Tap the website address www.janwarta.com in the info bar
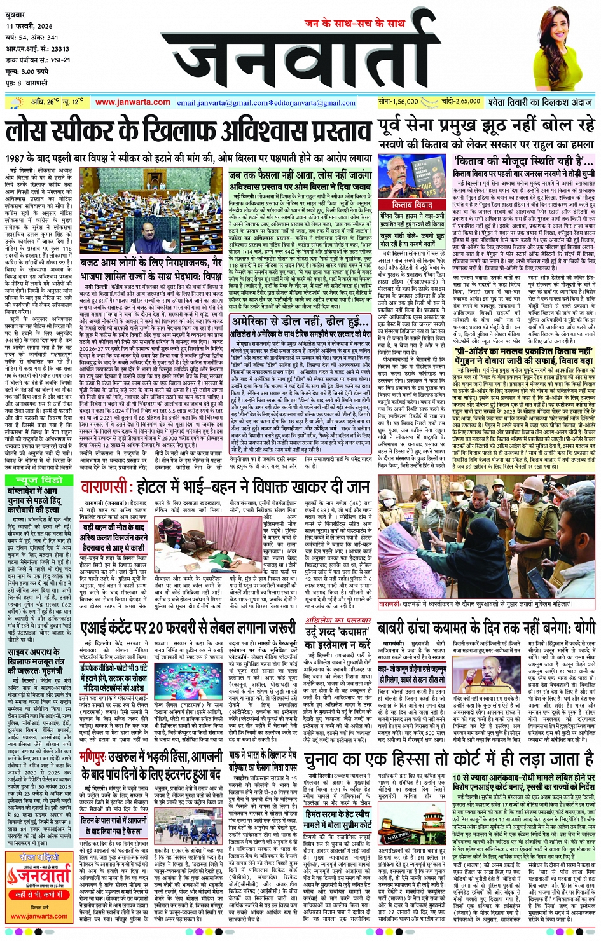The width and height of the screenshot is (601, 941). [132, 102]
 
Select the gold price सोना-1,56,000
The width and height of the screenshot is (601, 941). [397, 101]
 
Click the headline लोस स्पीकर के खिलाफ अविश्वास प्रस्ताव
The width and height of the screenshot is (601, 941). [188, 132]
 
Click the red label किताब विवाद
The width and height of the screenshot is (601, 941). [411, 205]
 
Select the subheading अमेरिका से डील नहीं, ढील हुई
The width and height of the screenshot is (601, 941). [300, 322]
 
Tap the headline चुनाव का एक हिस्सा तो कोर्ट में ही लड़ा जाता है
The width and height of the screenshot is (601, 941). [449, 758]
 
